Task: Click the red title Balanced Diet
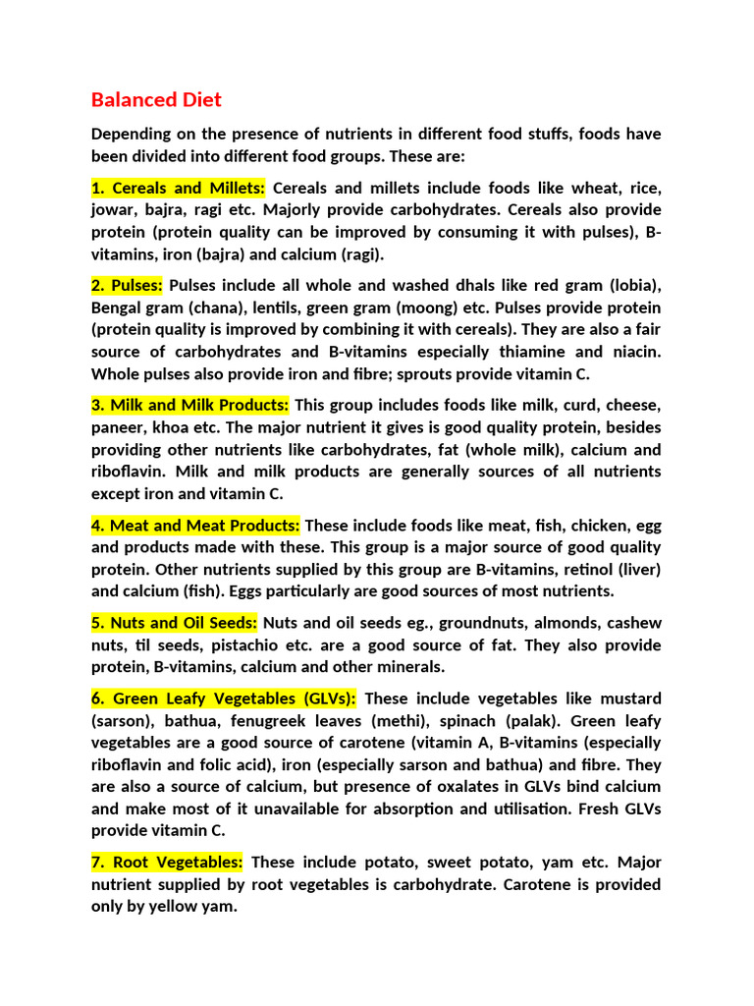click(x=156, y=100)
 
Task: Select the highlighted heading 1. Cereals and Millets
click(x=178, y=188)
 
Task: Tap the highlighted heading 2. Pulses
click(x=127, y=286)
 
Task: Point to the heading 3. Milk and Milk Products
click(x=189, y=405)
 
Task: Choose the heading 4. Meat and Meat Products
click(x=195, y=526)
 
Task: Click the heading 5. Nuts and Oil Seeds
click(x=174, y=623)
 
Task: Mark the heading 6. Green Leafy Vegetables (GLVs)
click(x=224, y=699)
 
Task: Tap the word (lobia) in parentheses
click(x=634, y=286)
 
